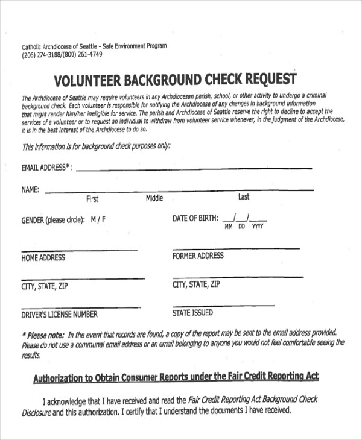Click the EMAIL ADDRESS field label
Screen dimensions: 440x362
(x=46, y=168)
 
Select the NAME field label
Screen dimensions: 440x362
(x=30, y=190)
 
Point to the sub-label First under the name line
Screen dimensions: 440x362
(x=92, y=199)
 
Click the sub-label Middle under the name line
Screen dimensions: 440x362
(x=154, y=198)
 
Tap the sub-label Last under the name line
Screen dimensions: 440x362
(x=244, y=196)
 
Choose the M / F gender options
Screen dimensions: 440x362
(x=98, y=220)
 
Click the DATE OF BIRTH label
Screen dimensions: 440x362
(x=195, y=218)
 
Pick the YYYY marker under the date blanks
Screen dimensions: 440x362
(x=258, y=227)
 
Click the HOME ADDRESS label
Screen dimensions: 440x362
(x=43, y=258)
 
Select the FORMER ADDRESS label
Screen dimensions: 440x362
(x=198, y=256)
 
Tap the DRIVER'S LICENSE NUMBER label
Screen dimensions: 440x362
(x=59, y=314)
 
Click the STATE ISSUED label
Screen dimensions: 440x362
(x=192, y=313)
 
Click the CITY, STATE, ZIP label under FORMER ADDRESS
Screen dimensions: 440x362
(x=196, y=284)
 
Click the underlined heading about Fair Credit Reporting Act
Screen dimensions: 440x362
(x=176, y=377)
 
